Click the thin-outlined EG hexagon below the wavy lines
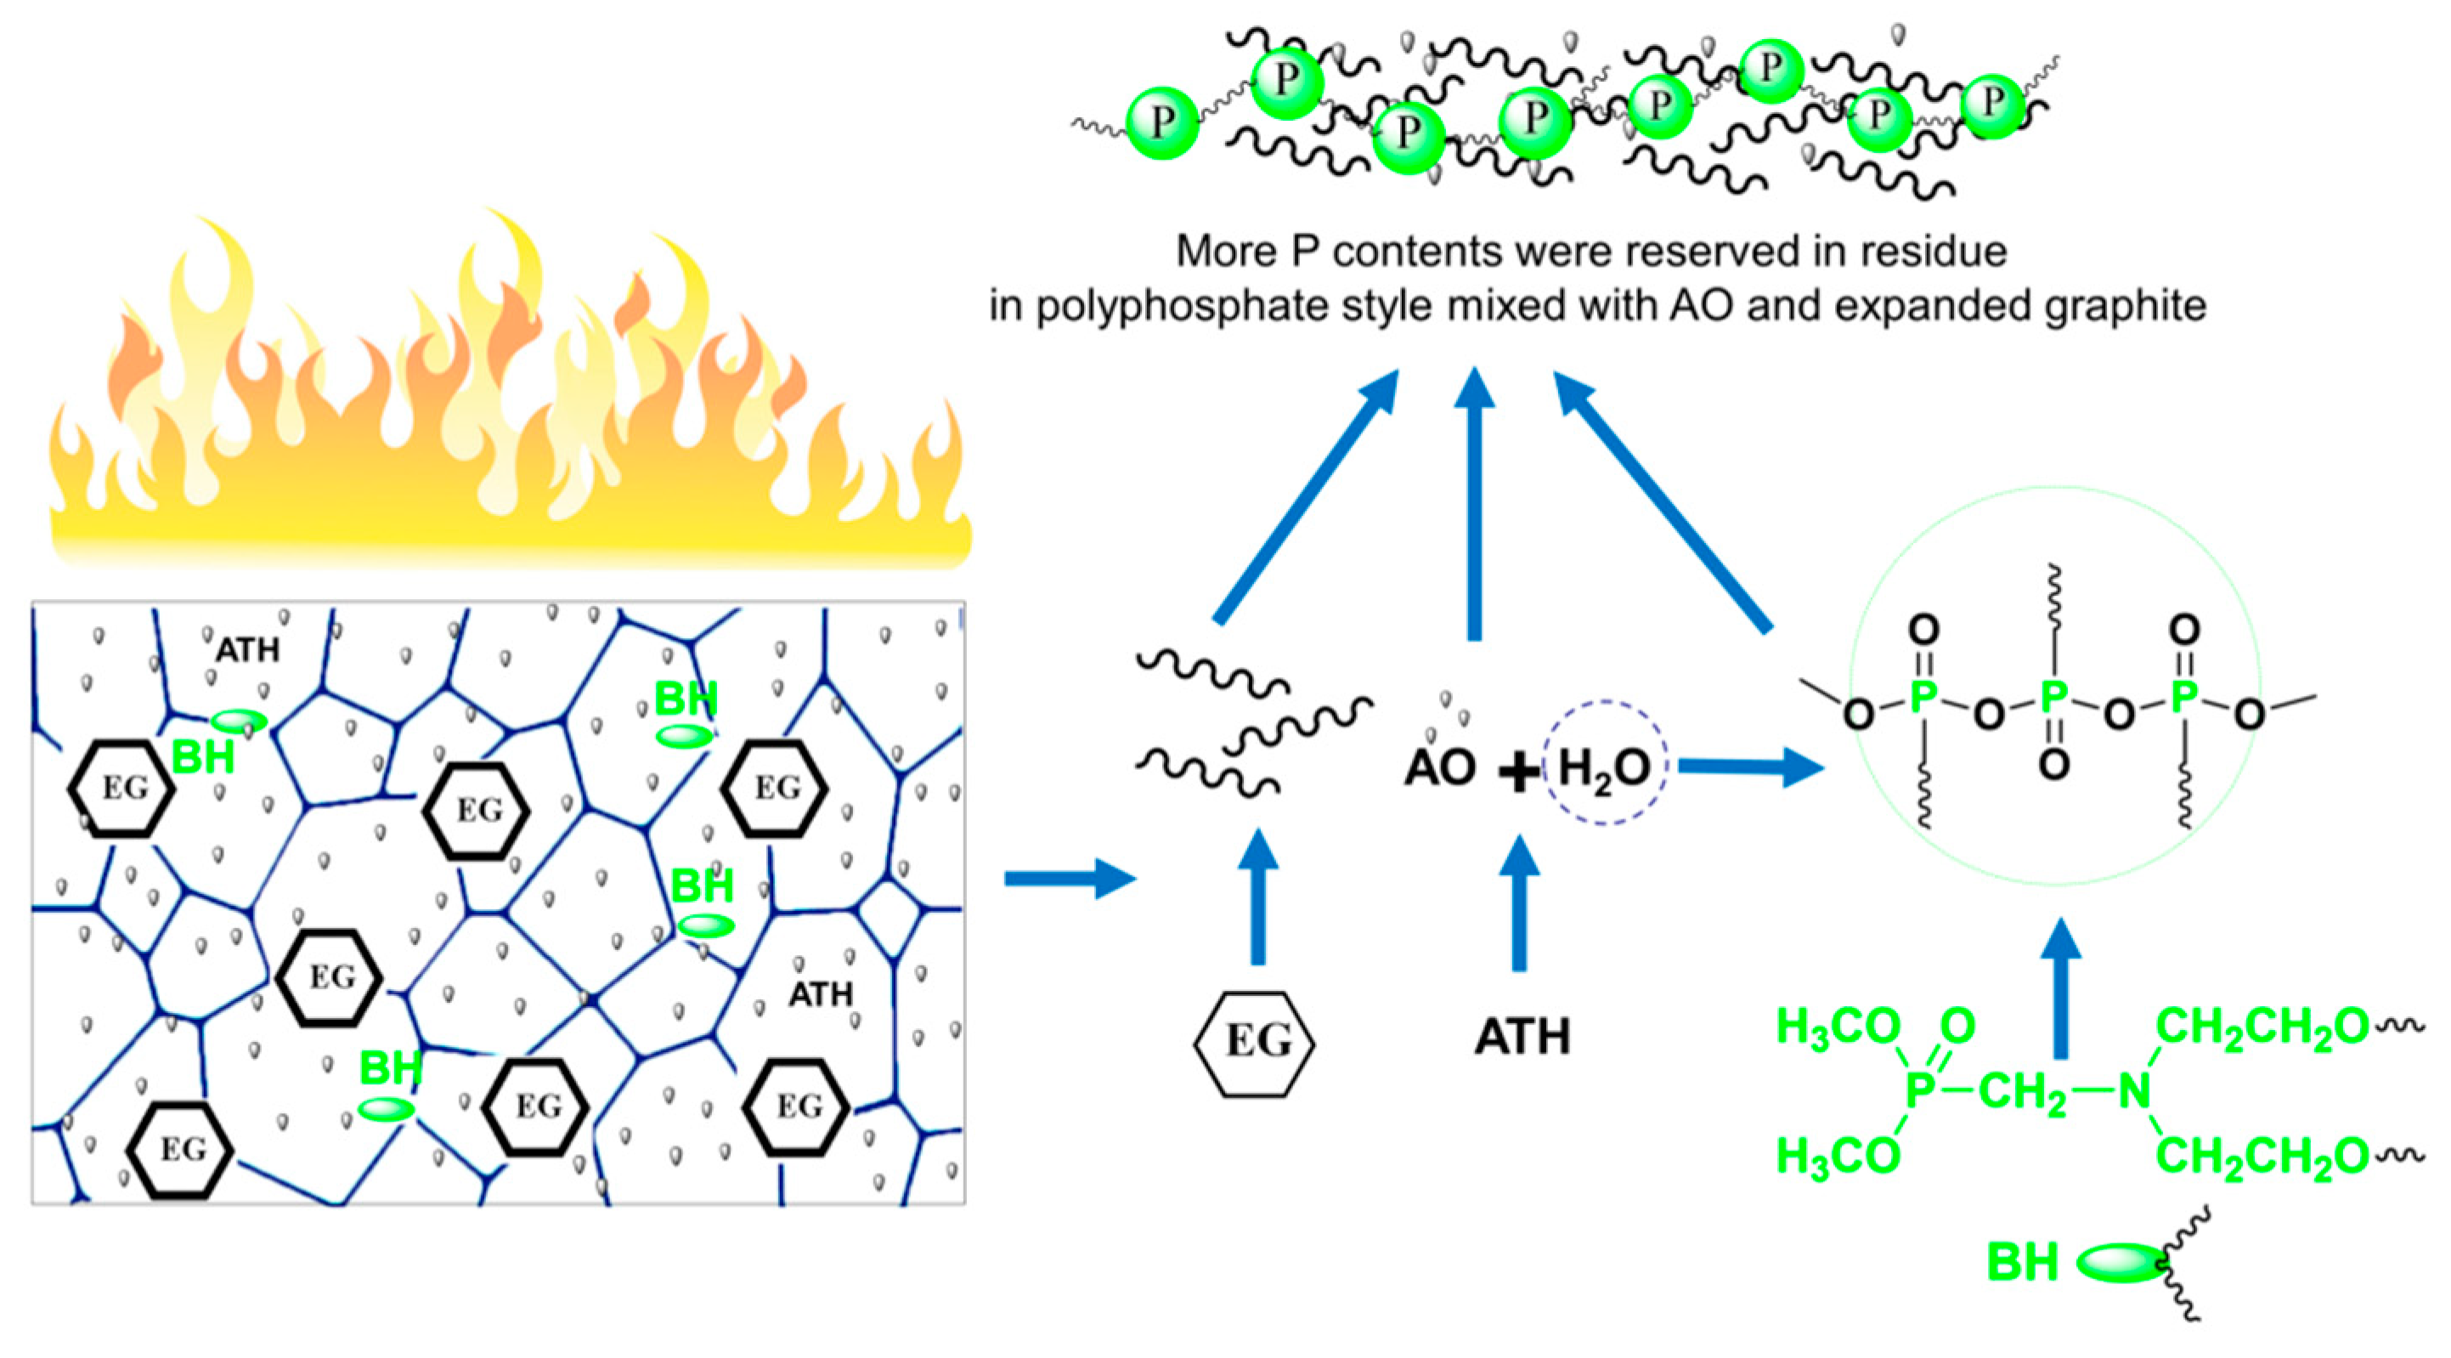1254,1043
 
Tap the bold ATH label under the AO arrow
1522,1036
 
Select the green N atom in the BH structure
2134,1090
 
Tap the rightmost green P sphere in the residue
1991,105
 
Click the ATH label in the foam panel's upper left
247,651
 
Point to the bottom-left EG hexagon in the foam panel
182,1150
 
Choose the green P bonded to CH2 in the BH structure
1920,1090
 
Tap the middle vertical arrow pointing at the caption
1474,505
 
